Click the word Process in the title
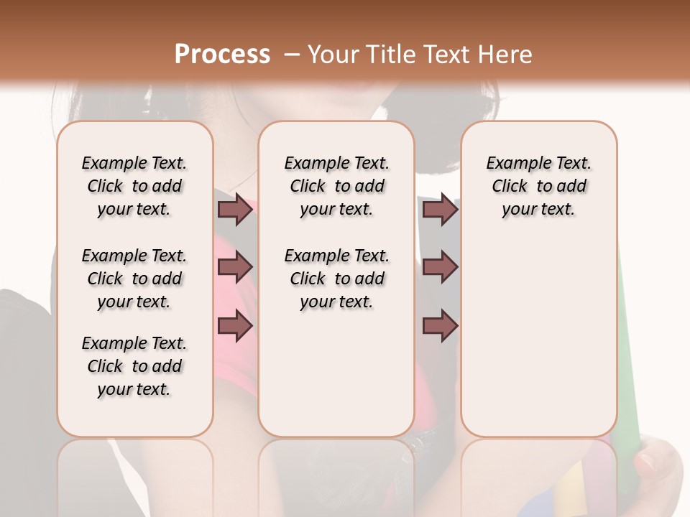tap(222, 55)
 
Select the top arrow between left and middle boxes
tap(235, 210)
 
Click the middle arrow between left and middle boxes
tap(235, 267)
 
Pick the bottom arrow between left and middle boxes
tap(235, 326)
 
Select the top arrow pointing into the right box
tap(440, 210)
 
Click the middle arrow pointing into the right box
tap(440, 267)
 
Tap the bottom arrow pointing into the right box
tap(440, 326)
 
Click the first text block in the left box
tap(134, 186)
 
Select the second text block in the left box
tap(134, 279)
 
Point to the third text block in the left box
tap(134, 366)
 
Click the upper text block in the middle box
tap(336, 186)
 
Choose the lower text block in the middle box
tap(336, 279)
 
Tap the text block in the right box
tap(538, 186)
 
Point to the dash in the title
tap(291, 55)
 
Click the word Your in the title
tap(333, 55)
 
